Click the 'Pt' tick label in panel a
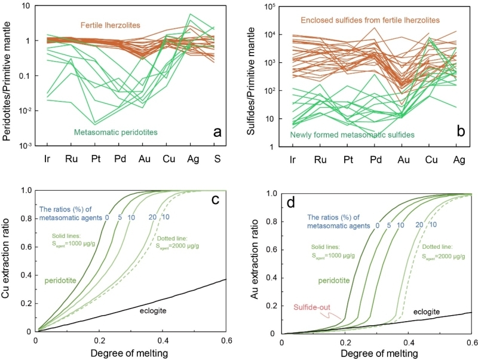click(x=97, y=160)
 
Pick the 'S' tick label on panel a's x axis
click(x=220, y=160)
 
